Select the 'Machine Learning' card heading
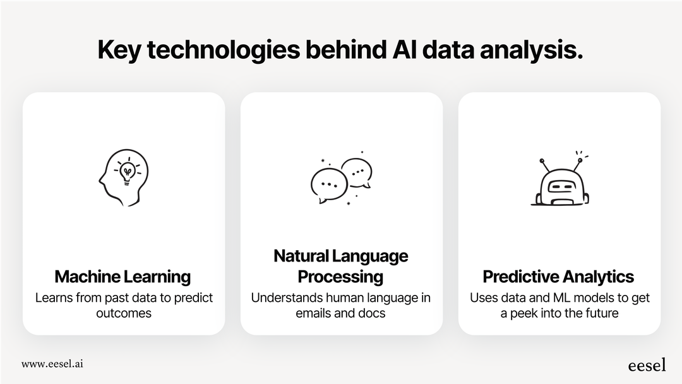[x=123, y=277]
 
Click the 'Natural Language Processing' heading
[x=341, y=266]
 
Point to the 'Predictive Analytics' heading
[x=558, y=277]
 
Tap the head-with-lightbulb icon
[x=124, y=176]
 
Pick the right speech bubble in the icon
[x=357, y=172]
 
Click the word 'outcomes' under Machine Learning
[x=123, y=313]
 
